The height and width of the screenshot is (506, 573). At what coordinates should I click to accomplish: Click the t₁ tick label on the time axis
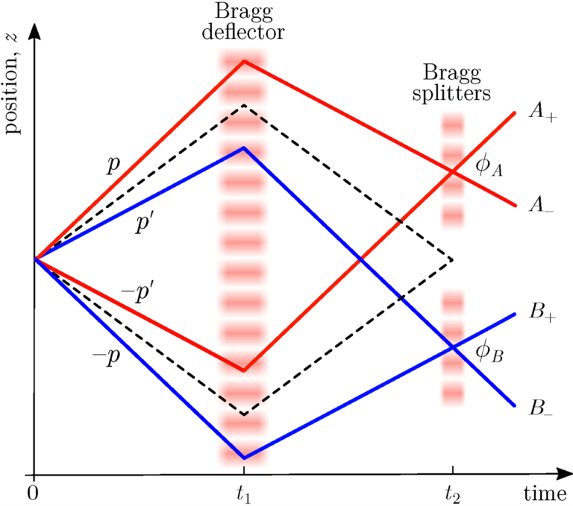point(243,495)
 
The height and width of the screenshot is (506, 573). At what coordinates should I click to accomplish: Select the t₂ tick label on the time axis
point(453,495)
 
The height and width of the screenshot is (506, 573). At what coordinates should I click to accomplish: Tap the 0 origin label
point(33,493)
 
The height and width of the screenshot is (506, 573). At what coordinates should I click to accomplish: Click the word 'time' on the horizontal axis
point(545,493)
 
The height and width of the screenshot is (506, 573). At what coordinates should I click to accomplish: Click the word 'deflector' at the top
point(243,32)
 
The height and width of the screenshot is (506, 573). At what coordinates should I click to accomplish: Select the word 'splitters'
point(451,93)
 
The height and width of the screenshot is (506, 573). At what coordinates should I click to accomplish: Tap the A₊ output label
point(542,111)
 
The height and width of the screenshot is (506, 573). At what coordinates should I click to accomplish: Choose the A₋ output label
point(542,205)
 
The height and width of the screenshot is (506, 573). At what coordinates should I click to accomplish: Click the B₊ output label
point(542,312)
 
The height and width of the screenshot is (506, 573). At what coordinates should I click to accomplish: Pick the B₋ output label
point(541,408)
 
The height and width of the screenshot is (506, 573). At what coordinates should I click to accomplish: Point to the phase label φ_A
point(489,165)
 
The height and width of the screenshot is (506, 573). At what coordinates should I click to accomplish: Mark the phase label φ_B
point(489,352)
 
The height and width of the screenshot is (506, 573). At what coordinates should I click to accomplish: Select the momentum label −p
point(106,356)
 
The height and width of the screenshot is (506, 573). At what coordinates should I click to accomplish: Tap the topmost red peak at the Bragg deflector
point(244,61)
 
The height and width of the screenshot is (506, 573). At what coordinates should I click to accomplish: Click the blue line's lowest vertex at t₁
point(244,458)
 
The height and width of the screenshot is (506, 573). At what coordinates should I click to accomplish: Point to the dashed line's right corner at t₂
point(453,260)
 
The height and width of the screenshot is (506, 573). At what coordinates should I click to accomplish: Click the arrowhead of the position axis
point(34,31)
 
